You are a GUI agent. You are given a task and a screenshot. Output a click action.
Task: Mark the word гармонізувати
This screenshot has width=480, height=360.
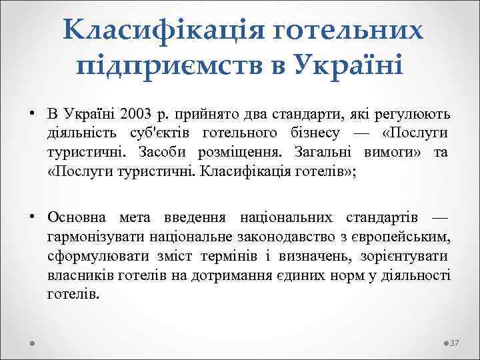click(x=93, y=237)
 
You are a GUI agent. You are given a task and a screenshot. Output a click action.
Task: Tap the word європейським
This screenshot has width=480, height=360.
click(x=401, y=237)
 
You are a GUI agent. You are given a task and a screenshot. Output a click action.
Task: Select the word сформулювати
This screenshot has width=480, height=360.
click(x=91, y=256)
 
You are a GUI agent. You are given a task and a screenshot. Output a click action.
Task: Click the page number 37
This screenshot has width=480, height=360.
click(x=456, y=343)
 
